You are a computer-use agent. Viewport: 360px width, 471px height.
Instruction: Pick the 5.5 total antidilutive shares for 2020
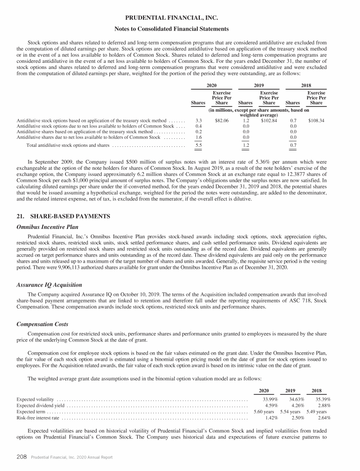[x=198, y=146]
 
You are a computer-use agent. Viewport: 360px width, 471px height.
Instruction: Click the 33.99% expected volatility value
[x=270, y=399]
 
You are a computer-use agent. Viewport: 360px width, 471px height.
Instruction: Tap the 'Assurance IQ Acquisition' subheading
[x=49, y=285]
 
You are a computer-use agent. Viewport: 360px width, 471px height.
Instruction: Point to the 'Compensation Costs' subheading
[x=43, y=324]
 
